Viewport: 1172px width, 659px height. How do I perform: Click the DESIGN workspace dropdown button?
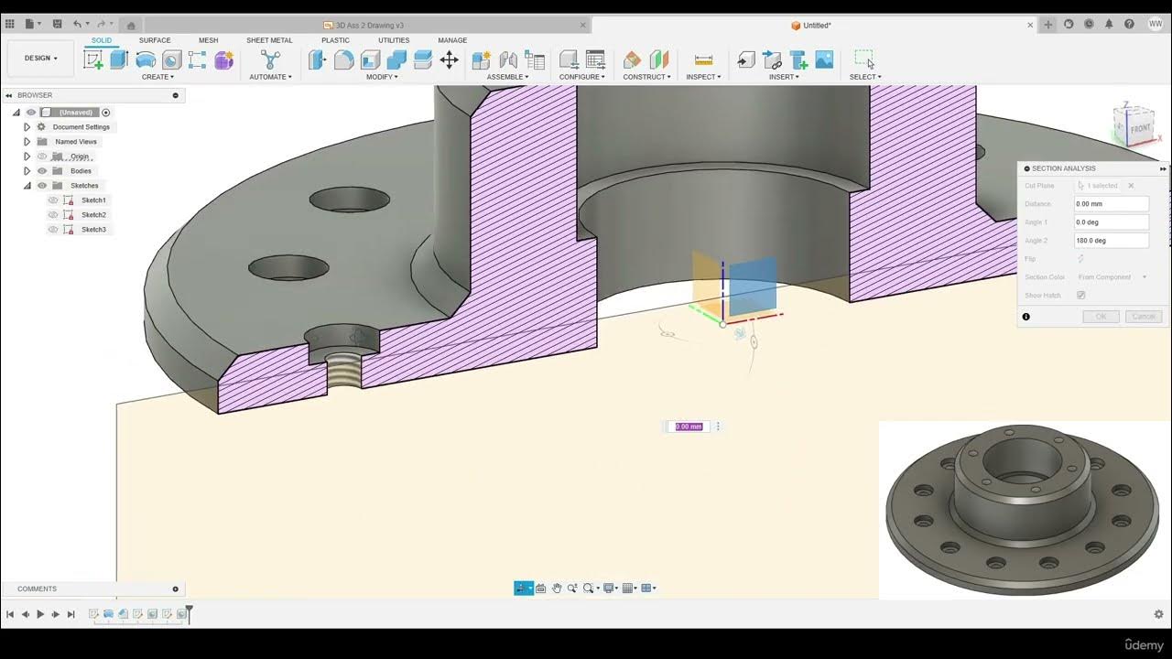point(40,58)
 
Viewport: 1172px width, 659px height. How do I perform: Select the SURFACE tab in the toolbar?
point(155,40)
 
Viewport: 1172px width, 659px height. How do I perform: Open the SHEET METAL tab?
point(269,40)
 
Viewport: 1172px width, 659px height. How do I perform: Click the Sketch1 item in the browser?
point(93,200)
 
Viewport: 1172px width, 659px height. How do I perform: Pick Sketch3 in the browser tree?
point(93,230)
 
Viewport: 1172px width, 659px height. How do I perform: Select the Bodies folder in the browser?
point(81,171)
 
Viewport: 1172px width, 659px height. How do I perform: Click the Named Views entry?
point(75,142)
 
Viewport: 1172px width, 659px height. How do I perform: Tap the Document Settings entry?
point(81,127)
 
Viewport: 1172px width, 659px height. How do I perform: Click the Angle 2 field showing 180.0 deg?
point(1111,241)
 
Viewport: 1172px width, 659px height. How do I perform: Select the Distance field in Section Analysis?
point(1111,204)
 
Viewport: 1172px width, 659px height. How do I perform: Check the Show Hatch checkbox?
point(1081,296)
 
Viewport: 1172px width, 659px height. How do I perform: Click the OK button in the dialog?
point(1101,317)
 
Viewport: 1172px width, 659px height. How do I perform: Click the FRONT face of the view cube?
point(1139,129)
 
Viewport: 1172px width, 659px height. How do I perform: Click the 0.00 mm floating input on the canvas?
point(689,427)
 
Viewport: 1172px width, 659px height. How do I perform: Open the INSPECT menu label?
point(703,77)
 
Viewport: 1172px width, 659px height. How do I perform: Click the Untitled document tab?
point(817,26)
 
